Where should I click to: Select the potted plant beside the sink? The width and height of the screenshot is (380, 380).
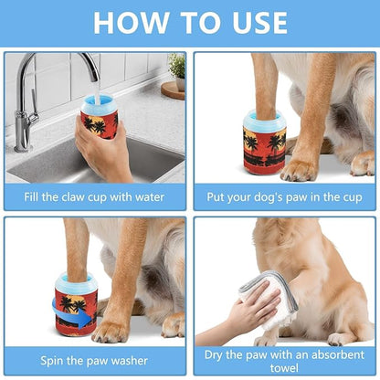[176, 69]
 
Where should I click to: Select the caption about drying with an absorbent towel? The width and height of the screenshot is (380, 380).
[284, 359]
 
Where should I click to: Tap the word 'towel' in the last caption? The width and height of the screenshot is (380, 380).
[284, 367]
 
